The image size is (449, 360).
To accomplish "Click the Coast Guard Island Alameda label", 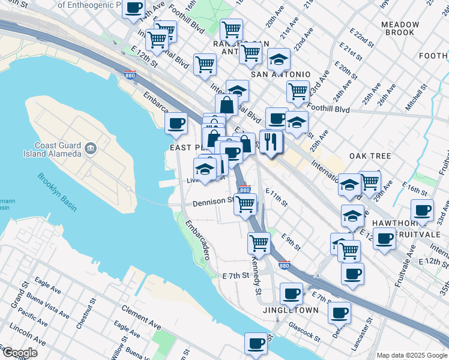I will tap(58, 149).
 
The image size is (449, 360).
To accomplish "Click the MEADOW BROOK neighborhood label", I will tap(400, 29).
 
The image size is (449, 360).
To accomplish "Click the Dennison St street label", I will tap(213, 202).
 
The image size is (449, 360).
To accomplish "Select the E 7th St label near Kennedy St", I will tap(235, 276).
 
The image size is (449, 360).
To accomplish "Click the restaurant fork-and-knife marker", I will tap(271, 142).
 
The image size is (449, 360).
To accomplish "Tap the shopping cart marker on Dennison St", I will tap(244, 204).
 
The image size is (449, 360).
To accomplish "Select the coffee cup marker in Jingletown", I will tap(292, 294).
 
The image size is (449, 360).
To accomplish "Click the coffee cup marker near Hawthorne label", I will tap(422, 211).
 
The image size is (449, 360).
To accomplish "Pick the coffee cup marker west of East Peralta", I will tap(176, 124).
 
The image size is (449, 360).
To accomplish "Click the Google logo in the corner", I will tap(19, 353).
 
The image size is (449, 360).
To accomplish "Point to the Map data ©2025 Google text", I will tap(412, 355).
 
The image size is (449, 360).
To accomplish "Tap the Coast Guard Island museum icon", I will tap(91, 147).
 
